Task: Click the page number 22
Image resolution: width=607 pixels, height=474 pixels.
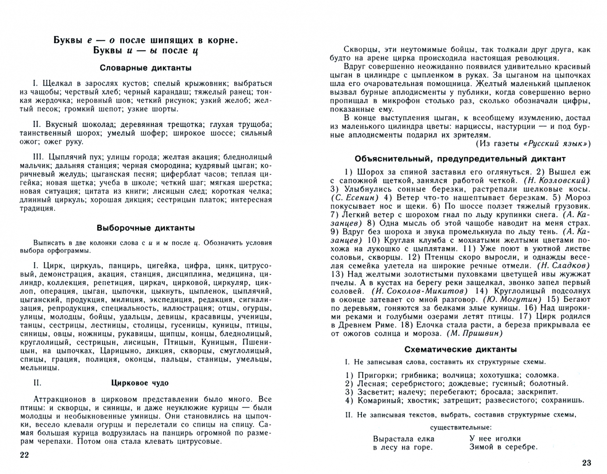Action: coord(24,455)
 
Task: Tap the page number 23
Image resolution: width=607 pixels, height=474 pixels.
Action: coord(586,463)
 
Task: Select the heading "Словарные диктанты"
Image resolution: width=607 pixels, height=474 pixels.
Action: coord(146,68)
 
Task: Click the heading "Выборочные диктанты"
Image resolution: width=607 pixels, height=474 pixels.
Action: coord(146,228)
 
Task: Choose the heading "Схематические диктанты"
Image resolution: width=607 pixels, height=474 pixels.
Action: coord(461,349)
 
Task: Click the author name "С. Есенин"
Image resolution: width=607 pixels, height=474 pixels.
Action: coord(354,197)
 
